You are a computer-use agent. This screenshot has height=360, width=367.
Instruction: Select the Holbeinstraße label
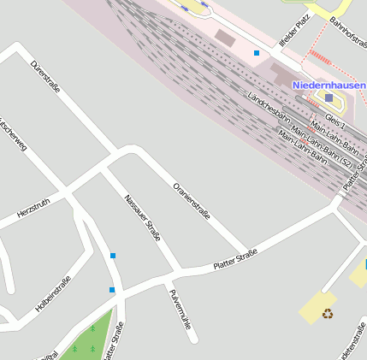point(53,292)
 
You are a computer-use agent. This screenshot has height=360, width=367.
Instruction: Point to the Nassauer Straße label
point(142,217)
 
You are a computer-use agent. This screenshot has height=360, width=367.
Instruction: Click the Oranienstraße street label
point(191,201)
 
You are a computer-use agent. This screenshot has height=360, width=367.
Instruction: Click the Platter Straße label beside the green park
point(114,340)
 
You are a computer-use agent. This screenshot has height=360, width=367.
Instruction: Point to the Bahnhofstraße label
point(347,32)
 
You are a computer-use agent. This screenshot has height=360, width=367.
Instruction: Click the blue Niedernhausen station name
point(329,86)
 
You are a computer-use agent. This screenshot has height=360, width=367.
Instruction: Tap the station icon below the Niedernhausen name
point(329,98)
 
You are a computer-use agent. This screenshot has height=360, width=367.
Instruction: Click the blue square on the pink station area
point(256,53)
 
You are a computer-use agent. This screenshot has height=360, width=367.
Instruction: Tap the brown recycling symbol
point(329,314)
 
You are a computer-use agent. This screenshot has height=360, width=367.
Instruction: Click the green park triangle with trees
point(86,339)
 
